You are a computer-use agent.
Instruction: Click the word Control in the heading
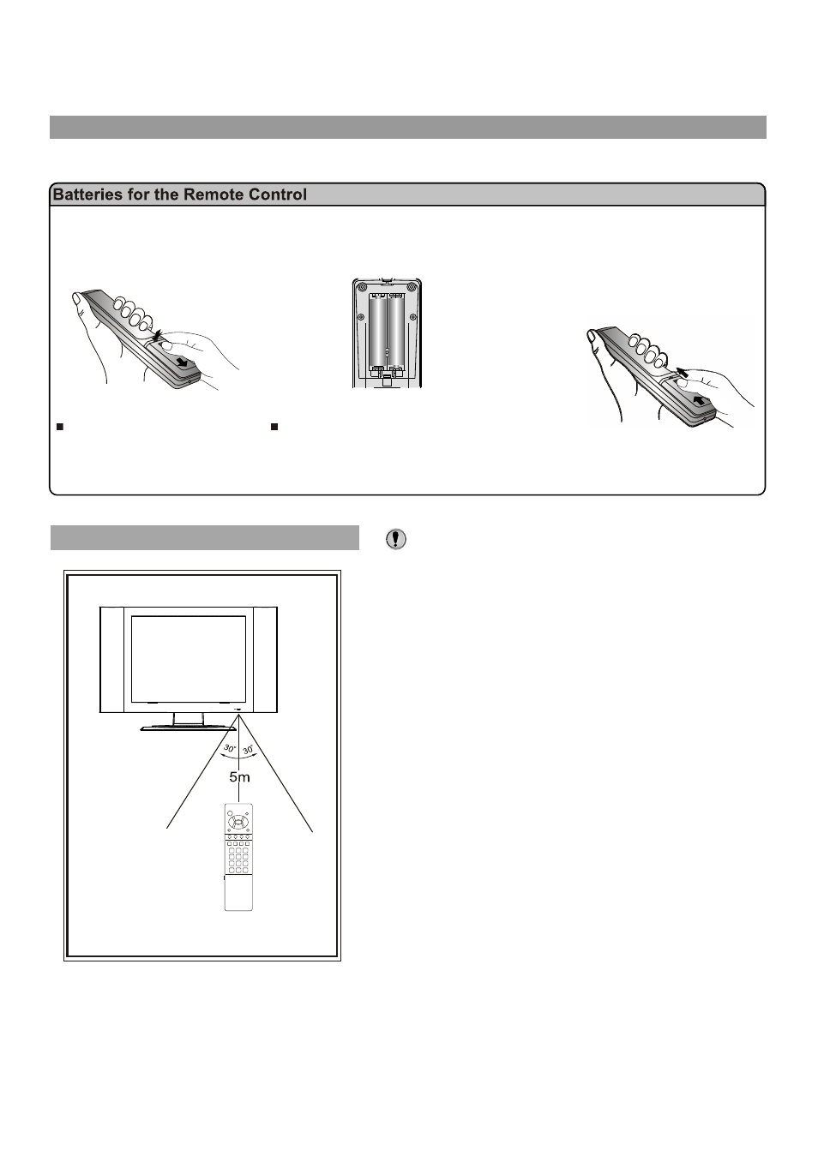point(276,195)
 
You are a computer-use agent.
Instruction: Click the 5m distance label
point(239,777)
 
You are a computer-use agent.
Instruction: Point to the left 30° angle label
point(229,749)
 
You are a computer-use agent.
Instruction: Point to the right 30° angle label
point(248,749)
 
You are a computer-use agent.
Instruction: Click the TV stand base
point(188,728)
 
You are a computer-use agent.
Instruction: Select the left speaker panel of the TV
point(113,659)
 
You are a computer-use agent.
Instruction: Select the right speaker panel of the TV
point(264,659)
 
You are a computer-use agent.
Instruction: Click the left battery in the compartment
point(377,329)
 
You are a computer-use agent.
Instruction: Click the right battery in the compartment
point(396,329)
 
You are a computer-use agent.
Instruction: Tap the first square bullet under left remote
point(60,426)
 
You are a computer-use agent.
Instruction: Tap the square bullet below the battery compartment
point(275,426)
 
